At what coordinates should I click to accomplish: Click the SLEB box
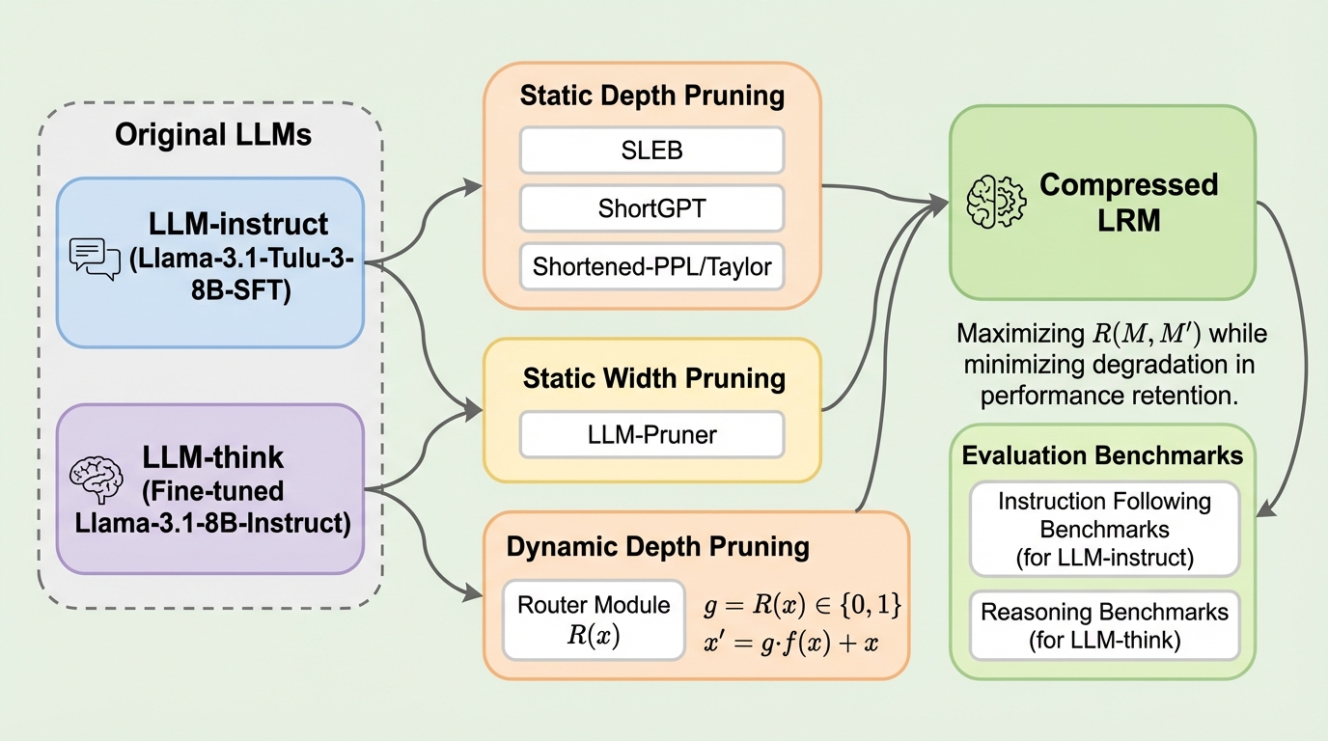point(652,150)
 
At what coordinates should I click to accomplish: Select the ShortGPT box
point(652,207)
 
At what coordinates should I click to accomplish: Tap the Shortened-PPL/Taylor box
point(652,266)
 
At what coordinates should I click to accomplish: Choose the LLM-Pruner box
point(652,434)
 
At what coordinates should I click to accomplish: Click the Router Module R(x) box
point(594,618)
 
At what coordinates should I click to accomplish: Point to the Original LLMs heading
point(213,134)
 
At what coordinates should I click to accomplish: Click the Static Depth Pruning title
point(651,96)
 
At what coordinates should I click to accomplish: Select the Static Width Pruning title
point(653,377)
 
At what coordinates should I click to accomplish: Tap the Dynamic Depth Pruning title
point(657,547)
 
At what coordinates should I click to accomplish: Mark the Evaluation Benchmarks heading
point(1102,455)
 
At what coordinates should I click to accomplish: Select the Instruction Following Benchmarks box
point(1104,530)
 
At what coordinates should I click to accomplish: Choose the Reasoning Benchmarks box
point(1104,625)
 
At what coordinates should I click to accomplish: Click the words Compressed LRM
point(1115,202)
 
